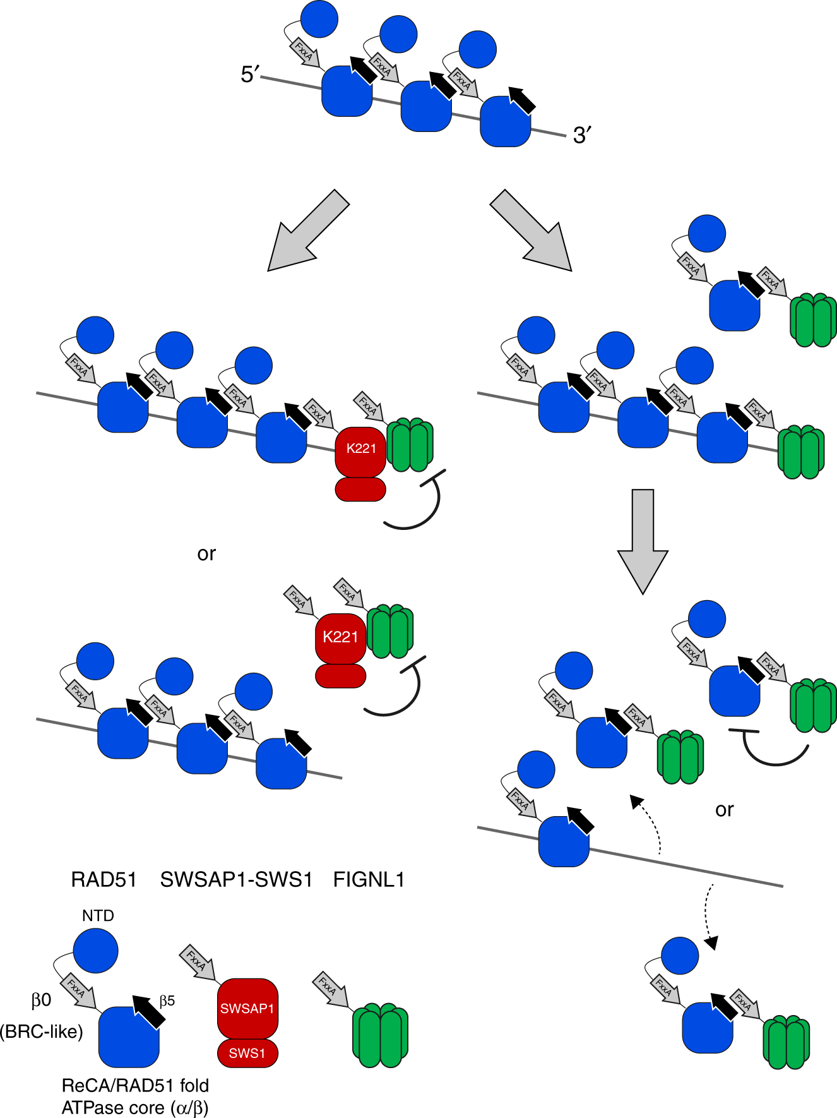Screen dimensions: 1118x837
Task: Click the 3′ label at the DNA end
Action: (581, 135)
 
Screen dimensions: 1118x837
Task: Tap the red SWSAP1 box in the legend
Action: (247, 1009)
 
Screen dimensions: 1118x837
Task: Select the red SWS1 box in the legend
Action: (247, 1053)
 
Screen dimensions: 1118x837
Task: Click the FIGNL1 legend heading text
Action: (369, 879)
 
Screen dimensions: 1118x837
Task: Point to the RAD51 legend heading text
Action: (104, 879)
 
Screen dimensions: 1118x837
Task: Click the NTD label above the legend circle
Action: (98, 915)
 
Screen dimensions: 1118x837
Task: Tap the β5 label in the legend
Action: (167, 1001)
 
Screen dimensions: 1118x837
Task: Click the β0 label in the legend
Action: (41, 1000)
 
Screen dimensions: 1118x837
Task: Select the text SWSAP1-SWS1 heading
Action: (236, 879)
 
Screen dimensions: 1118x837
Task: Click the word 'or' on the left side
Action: (206, 554)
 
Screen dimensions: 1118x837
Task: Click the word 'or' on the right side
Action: (724, 810)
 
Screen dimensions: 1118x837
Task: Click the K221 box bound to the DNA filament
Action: (360, 449)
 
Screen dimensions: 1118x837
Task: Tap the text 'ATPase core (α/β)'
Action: (135, 1107)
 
